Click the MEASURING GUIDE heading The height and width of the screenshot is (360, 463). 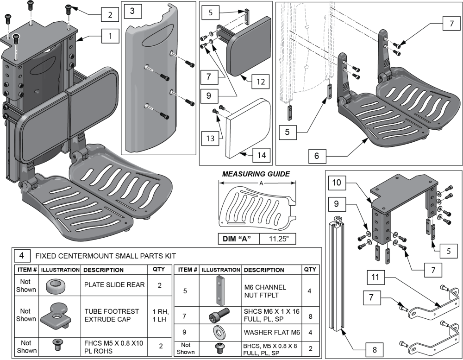coord(257,174)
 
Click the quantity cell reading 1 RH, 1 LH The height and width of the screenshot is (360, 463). coord(159,315)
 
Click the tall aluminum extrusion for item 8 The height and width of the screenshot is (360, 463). coord(338,273)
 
